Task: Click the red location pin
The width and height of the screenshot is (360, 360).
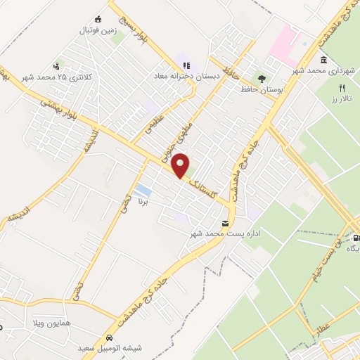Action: [x=181, y=165]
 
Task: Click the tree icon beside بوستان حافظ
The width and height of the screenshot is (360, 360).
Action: [x=262, y=79]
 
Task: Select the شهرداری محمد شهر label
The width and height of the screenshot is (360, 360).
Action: [x=328, y=72]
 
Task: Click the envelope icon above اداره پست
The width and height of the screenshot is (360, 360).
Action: [x=225, y=224]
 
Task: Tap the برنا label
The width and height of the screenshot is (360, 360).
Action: [x=143, y=201]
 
